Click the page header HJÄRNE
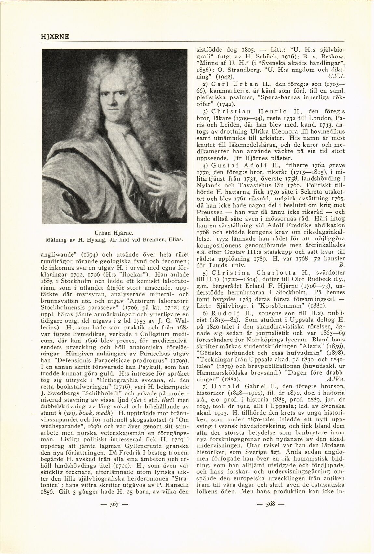pos(55,36)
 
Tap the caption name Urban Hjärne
pos(114,233)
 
